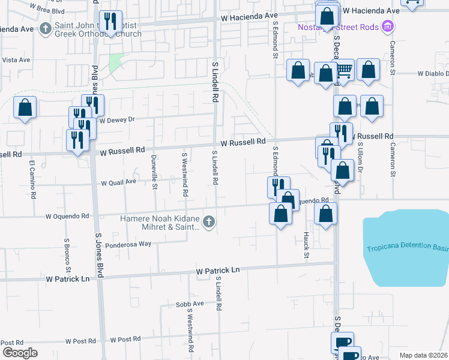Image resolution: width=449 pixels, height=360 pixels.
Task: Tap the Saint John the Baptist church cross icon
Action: point(46,28)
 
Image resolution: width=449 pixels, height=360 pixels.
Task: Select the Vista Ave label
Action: point(16,60)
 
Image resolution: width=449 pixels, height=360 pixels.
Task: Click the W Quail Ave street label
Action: point(119,182)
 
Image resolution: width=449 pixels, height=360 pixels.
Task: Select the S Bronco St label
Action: point(67,254)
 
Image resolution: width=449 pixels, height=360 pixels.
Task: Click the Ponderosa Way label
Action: point(128,245)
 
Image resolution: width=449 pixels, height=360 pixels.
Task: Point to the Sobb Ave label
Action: point(190,304)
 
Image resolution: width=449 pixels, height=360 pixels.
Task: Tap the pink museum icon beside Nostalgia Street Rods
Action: point(388,26)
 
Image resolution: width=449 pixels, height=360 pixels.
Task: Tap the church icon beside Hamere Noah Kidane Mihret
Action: point(208,223)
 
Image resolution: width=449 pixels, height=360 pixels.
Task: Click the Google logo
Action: point(20,353)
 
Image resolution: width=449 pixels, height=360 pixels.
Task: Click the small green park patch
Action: point(116,61)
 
